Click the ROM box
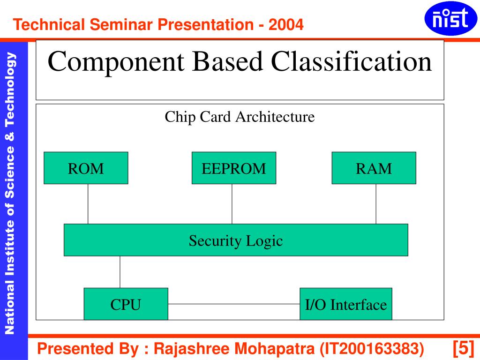[86, 168]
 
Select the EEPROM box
[234, 168]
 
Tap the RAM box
[374, 168]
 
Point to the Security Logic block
[236, 240]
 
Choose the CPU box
[126, 304]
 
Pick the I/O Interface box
[345, 304]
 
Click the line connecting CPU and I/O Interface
[233, 304]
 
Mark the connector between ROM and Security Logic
[88, 204]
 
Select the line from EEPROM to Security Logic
[232, 204]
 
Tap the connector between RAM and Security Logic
[375, 204]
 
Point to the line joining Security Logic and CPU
[120, 272]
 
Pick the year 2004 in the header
[286, 24]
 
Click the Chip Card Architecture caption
[240, 117]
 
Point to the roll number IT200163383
[372, 349]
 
